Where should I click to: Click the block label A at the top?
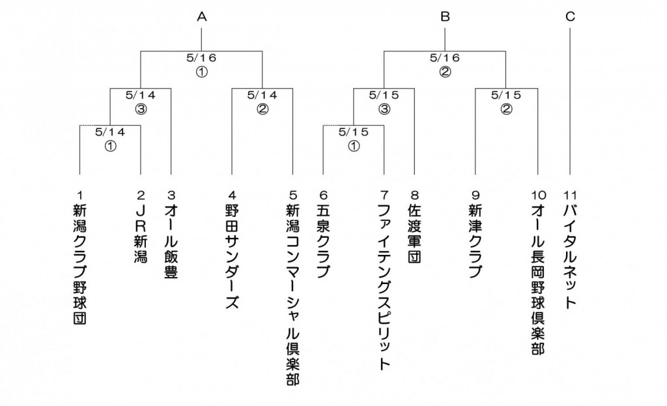[x=202, y=16]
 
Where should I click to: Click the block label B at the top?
[x=445, y=16]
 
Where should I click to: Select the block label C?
[x=570, y=16]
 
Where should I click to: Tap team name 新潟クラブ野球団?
[x=79, y=264]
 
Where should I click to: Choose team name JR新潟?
[x=141, y=233]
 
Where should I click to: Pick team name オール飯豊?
[x=171, y=241]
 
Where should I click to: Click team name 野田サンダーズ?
[x=232, y=256]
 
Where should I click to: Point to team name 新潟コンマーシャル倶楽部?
[x=292, y=295]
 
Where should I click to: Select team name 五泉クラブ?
[x=323, y=241]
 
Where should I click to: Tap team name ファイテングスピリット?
[x=384, y=287]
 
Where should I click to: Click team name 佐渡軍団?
[x=414, y=233]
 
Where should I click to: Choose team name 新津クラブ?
[x=475, y=241]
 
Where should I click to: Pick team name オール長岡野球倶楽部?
[x=537, y=279]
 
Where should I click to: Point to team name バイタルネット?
[x=570, y=256]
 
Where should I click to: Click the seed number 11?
[x=570, y=196]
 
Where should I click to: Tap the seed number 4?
[x=232, y=196]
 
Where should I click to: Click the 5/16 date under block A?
[x=202, y=57]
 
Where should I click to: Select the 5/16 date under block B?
[x=445, y=57]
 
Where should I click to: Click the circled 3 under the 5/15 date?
[x=384, y=109]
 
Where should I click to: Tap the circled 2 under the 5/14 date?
[x=263, y=109]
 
